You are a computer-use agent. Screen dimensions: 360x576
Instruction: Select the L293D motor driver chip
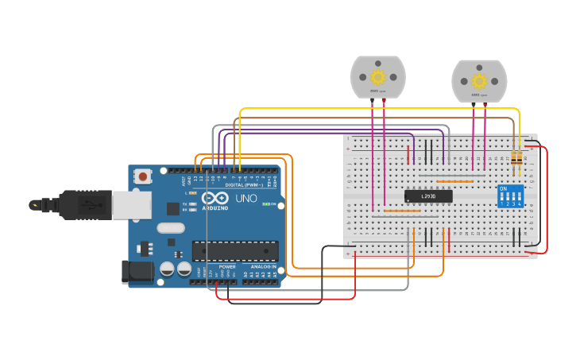428,195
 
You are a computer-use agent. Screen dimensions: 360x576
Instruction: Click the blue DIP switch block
510,195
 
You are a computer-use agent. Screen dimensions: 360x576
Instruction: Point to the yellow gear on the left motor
378,77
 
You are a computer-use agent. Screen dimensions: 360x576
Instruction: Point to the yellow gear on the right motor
479,81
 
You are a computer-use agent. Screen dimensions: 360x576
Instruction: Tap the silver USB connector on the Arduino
131,204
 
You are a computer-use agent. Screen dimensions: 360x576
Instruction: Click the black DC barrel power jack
137,271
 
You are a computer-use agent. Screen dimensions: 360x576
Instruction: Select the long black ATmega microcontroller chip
235,251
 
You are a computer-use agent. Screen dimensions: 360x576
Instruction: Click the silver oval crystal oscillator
171,228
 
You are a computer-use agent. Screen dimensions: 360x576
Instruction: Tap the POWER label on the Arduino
227,266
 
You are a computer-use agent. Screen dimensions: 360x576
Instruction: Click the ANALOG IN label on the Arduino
263,266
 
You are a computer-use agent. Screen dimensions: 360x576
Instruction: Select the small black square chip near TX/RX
172,209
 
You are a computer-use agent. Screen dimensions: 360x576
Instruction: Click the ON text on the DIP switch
503,189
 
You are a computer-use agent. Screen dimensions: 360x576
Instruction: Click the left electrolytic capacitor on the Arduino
168,269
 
